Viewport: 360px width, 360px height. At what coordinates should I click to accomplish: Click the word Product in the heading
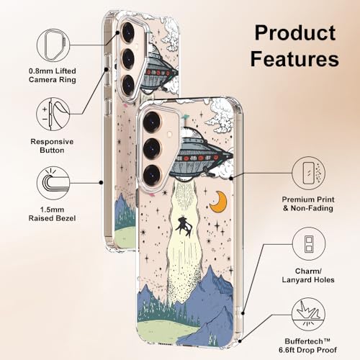[295, 33]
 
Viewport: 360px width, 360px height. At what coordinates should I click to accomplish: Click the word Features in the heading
[294, 58]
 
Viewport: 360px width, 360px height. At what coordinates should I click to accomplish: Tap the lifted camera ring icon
[53, 45]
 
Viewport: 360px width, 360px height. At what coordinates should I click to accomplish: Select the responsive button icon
[53, 114]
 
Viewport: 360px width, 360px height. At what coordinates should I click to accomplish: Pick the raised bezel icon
[53, 183]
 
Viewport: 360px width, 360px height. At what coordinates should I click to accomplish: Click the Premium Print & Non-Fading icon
[309, 173]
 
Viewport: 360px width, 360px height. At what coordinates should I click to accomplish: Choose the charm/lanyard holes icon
[309, 243]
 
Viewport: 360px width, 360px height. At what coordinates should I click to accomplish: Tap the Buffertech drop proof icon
[308, 315]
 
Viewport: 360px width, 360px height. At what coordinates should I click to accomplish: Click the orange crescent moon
[218, 202]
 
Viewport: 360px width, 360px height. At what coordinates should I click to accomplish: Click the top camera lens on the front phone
[151, 121]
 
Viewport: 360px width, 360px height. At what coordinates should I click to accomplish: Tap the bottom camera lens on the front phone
[151, 174]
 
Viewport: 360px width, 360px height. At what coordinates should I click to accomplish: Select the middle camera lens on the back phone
[129, 59]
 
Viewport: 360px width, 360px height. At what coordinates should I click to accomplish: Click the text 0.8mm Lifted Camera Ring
[53, 76]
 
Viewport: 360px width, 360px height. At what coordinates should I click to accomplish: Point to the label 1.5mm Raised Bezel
[52, 214]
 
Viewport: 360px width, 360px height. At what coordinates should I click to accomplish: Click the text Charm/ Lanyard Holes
[308, 276]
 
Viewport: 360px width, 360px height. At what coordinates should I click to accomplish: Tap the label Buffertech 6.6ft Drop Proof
[307, 346]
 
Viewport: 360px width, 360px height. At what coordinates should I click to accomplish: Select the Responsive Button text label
[52, 146]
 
